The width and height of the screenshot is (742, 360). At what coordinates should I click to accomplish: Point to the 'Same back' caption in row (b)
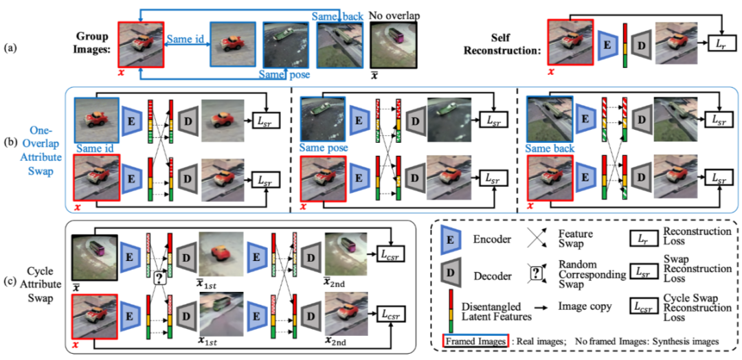[x=548, y=148]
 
